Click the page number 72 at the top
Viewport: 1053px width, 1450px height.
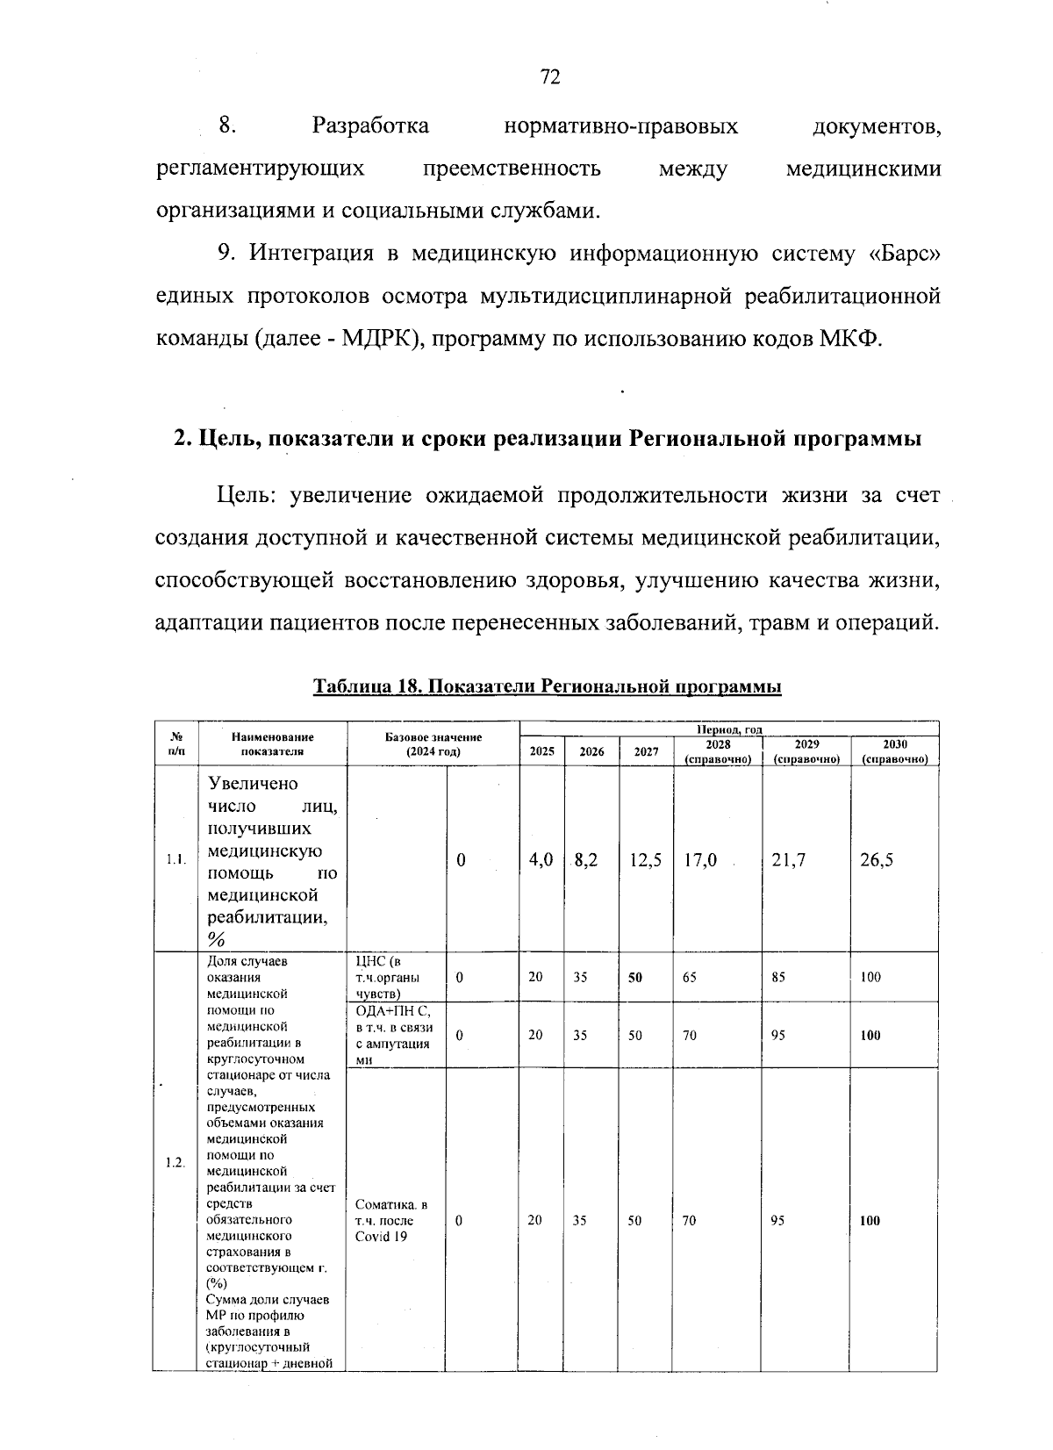(x=550, y=77)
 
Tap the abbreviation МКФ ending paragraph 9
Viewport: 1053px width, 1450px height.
(x=854, y=340)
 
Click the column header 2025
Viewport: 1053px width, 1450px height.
(x=541, y=751)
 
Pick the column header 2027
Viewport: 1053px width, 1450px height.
(x=646, y=751)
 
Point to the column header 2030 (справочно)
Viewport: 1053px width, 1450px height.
(x=894, y=751)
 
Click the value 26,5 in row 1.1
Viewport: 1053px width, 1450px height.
(x=877, y=860)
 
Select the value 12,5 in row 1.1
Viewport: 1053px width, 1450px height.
(x=646, y=860)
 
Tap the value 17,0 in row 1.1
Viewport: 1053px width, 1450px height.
(x=699, y=860)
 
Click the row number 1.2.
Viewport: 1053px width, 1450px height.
(x=175, y=1162)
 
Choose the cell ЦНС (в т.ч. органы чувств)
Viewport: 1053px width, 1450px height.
(x=386, y=977)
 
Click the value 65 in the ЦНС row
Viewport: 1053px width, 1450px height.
(x=690, y=977)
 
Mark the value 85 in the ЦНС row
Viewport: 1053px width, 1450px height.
(x=778, y=977)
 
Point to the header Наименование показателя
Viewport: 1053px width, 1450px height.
(x=273, y=745)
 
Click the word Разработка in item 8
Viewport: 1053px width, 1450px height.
(x=370, y=126)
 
